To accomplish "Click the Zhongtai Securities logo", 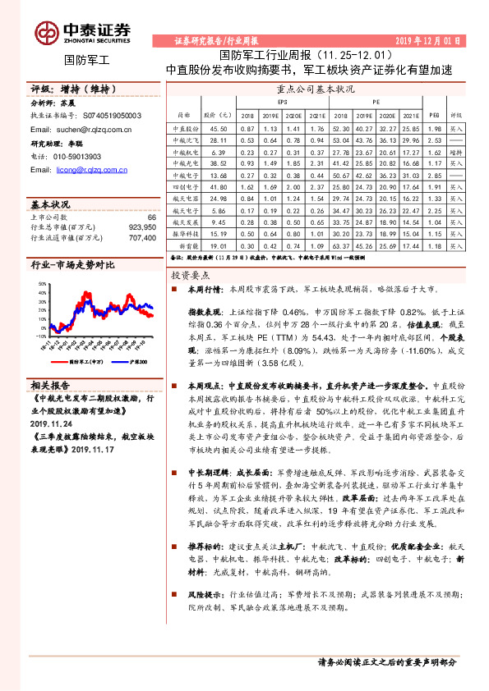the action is tap(82, 32).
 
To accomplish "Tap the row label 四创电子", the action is tap(185, 176).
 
